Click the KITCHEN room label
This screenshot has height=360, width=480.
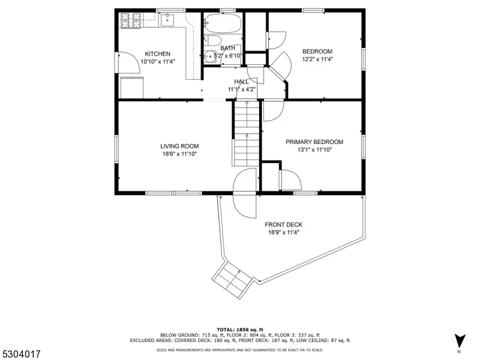pyautogui.click(x=157, y=54)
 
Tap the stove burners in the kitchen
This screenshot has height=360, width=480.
pyautogui.click(x=131, y=20)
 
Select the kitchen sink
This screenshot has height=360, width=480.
pyautogui.click(x=167, y=20)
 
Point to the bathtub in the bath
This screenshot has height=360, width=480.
pyautogui.click(x=223, y=23)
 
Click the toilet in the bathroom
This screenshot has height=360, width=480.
pyautogui.click(x=212, y=40)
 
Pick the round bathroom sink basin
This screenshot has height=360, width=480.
pyautogui.click(x=210, y=56)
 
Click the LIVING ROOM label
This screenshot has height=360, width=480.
pyautogui.click(x=179, y=146)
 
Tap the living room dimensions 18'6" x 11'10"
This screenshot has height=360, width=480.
pyautogui.click(x=179, y=154)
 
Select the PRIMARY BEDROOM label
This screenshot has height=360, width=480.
pyautogui.click(x=314, y=142)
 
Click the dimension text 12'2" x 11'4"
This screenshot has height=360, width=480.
pyautogui.click(x=317, y=59)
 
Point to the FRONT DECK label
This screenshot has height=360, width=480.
pyautogui.click(x=283, y=224)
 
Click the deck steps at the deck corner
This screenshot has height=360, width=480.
pyautogui.click(x=232, y=280)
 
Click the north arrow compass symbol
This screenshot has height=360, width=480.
pyautogui.click(x=460, y=341)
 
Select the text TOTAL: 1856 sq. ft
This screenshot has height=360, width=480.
pyautogui.click(x=239, y=329)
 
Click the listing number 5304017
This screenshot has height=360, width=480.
pyautogui.click(x=20, y=354)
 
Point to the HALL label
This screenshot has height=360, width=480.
pyautogui.click(x=241, y=82)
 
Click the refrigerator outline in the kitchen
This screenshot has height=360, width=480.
pyautogui.click(x=132, y=88)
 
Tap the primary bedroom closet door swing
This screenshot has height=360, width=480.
pyautogui.click(x=291, y=180)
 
